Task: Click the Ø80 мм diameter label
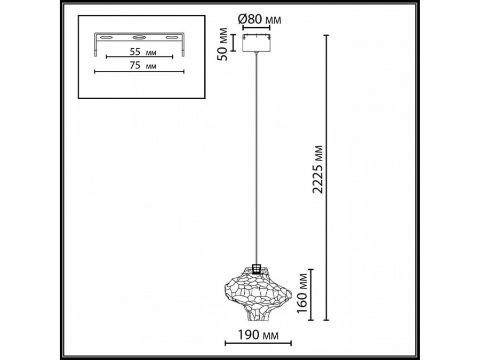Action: (259, 20)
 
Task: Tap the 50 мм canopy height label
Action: (223, 44)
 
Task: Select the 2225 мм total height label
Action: (318, 169)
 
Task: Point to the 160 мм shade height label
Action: (303, 293)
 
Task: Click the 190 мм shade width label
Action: (258, 334)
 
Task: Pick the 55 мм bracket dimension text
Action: (143, 52)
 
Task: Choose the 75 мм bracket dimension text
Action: (143, 66)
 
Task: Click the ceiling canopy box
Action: (257, 43)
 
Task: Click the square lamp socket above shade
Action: (257, 268)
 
